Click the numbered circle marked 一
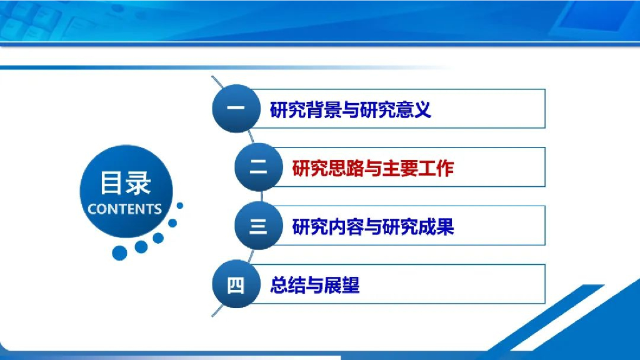coord(236,109)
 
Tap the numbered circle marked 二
coord(259,167)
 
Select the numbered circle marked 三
coord(259,225)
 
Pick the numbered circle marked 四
coord(236,284)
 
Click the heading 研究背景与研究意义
coord(351,109)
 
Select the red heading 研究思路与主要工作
coord(373,167)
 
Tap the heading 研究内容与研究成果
coord(373,226)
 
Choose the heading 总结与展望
coord(315,285)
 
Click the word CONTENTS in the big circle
coord(125,209)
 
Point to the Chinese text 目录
coord(126,183)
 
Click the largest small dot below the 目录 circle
coord(119,253)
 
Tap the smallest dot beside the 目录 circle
coord(179,206)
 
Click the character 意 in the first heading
coord(404,109)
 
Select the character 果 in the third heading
coord(445,226)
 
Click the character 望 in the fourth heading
coord(351,285)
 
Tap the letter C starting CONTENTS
coord(92,209)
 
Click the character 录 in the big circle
coord(139,183)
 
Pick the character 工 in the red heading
coord(427,167)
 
